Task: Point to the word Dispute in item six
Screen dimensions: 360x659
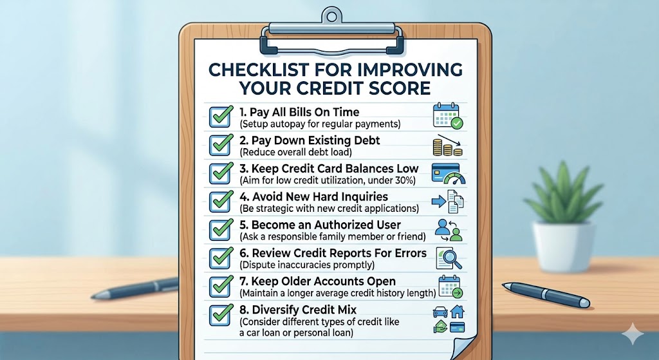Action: (258, 265)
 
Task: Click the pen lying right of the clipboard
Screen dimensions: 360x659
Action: (546, 294)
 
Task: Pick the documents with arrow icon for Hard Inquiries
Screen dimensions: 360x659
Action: (449, 202)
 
